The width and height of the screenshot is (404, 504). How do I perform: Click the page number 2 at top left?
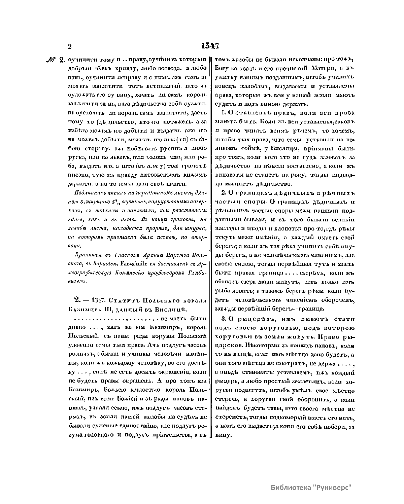[x=69, y=47]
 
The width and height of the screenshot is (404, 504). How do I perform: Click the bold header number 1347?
[x=210, y=46]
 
